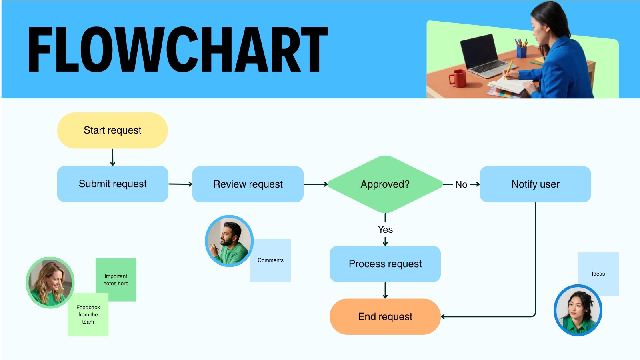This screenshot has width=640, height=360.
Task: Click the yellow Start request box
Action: [112, 130]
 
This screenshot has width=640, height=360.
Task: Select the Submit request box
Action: [112, 184]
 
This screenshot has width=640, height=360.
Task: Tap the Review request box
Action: [248, 184]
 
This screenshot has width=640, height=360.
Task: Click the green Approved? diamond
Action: [385, 184]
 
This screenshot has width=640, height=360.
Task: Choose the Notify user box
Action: [536, 184]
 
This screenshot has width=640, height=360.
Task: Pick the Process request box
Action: [385, 264]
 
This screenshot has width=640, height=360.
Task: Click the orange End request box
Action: [385, 316]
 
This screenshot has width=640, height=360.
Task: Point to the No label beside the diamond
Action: [461, 184]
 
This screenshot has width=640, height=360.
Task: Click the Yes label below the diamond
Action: [385, 230]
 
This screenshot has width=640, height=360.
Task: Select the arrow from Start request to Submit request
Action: [112, 157]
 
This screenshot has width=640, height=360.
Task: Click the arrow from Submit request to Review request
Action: [180, 184]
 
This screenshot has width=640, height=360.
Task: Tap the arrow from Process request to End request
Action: [385, 290]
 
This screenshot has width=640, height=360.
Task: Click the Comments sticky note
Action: [270, 260]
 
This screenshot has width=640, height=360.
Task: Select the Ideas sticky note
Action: [598, 274]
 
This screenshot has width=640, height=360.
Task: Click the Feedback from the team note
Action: [88, 314]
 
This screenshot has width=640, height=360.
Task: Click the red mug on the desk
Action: [458, 78]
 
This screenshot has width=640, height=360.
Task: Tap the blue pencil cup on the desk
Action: [522, 52]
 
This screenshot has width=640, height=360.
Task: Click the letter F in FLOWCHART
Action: [40, 50]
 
